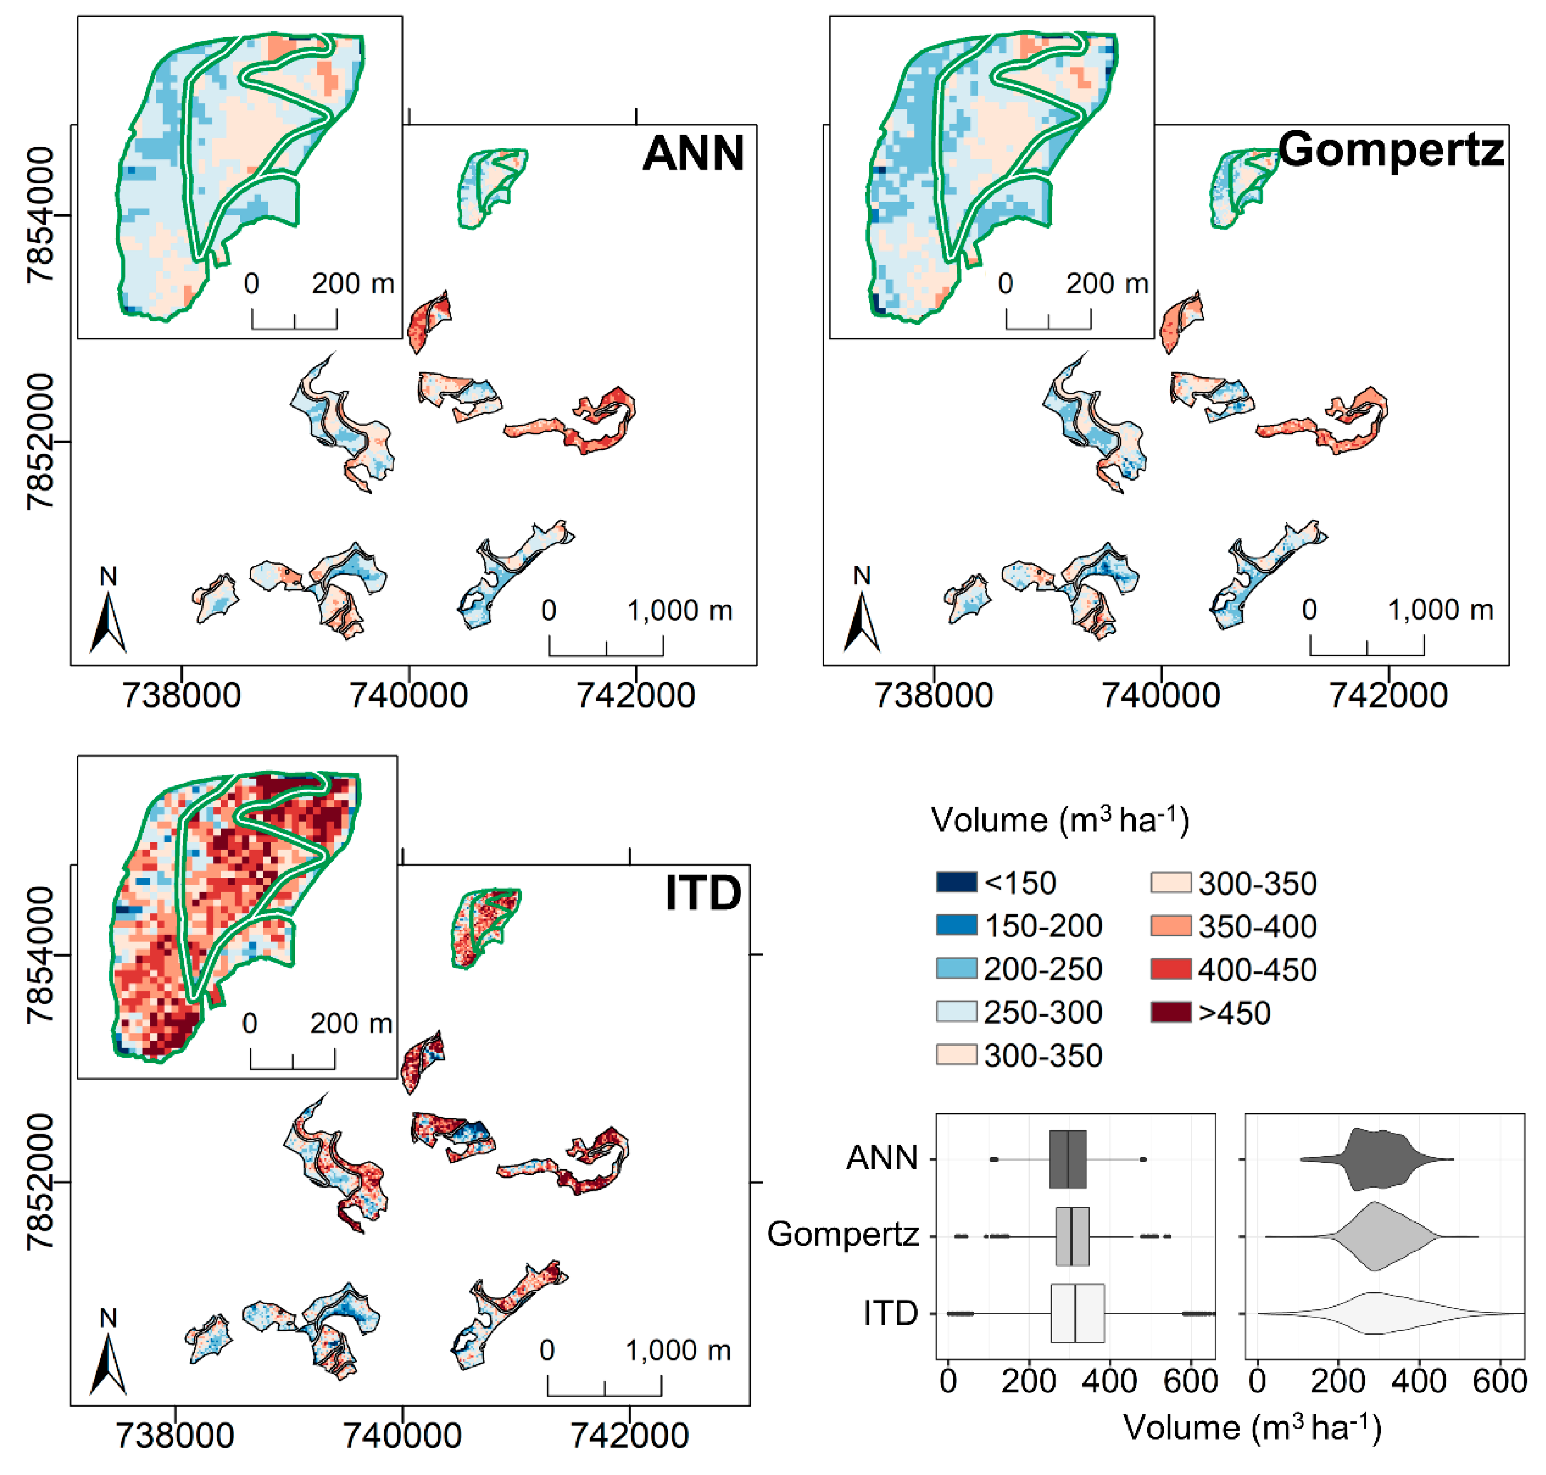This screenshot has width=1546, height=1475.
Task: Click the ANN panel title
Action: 693,153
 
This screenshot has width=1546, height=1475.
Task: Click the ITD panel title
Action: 702,893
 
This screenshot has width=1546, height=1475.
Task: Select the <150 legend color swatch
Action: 956,882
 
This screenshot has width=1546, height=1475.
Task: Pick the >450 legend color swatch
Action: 1170,1012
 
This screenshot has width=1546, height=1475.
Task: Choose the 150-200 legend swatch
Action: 956,925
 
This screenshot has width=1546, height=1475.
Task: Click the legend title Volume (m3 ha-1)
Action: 1059,820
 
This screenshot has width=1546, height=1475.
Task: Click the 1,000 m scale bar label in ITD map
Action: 678,1350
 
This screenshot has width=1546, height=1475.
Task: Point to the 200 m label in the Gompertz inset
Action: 1107,283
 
